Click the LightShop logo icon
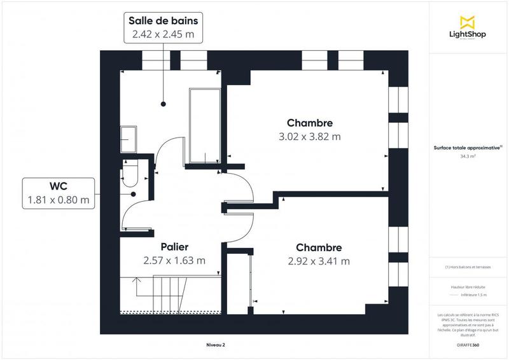(468, 21)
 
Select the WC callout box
(58, 193)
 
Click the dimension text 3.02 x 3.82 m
(310, 136)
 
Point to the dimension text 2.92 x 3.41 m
(319, 261)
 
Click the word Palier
(174, 247)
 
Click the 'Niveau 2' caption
(215, 345)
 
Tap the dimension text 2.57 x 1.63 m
(174, 261)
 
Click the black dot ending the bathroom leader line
(163, 103)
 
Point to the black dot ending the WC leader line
(134, 193)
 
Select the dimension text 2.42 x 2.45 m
(163, 35)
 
